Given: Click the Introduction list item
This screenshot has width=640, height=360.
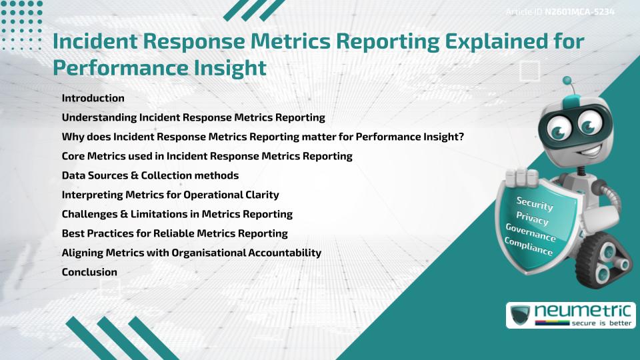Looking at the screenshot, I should click(x=93, y=98).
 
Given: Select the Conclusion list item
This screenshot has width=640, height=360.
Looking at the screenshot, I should click(x=89, y=272).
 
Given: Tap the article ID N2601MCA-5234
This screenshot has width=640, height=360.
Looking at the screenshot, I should click(x=579, y=13).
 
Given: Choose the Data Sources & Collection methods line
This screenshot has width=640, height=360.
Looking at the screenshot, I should click(x=150, y=175).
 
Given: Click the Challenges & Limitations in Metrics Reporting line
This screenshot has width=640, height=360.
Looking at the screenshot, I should click(x=177, y=214).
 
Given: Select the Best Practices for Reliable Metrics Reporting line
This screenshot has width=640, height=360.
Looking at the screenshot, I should click(x=175, y=233).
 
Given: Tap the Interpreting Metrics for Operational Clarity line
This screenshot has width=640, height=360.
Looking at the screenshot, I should click(x=170, y=195).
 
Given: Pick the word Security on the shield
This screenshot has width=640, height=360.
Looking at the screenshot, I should click(x=535, y=203).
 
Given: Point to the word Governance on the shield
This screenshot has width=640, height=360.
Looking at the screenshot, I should click(x=531, y=233).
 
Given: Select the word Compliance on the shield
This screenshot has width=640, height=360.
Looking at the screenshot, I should click(x=529, y=247).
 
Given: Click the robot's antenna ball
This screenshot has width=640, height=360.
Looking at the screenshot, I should click(x=568, y=81).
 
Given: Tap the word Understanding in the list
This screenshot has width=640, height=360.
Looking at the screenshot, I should click(x=99, y=117).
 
